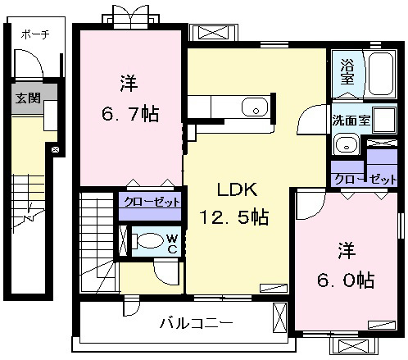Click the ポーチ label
pyautogui.click(x=35, y=34)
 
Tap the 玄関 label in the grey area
pyautogui.click(x=28, y=98)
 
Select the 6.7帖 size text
pyautogui.click(x=130, y=114)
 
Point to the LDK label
pyautogui.click(x=237, y=189)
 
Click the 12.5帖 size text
pyautogui.click(x=234, y=217)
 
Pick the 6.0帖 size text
pyautogui.click(x=346, y=280)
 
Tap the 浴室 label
pyautogui.click(x=347, y=71)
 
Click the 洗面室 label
pyautogui.click(x=351, y=120)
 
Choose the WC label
pyautogui.click(x=172, y=244)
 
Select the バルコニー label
pyautogui.click(x=196, y=323)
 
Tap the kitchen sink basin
pyautogui.click(x=255, y=107)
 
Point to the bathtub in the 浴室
pyautogui.click(x=381, y=73)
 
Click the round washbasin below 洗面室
pyautogui.click(x=347, y=144)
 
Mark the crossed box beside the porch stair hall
pyautogui.click(x=56, y=149)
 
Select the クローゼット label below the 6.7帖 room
pyautogui.click(x=152, y=202)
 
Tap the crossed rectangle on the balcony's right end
pyautogui.click(x=280, y=317)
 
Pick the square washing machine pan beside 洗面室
pyautogui.click(x=384, y=119)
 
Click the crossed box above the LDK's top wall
pyautogui.click(x=213, y=33)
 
